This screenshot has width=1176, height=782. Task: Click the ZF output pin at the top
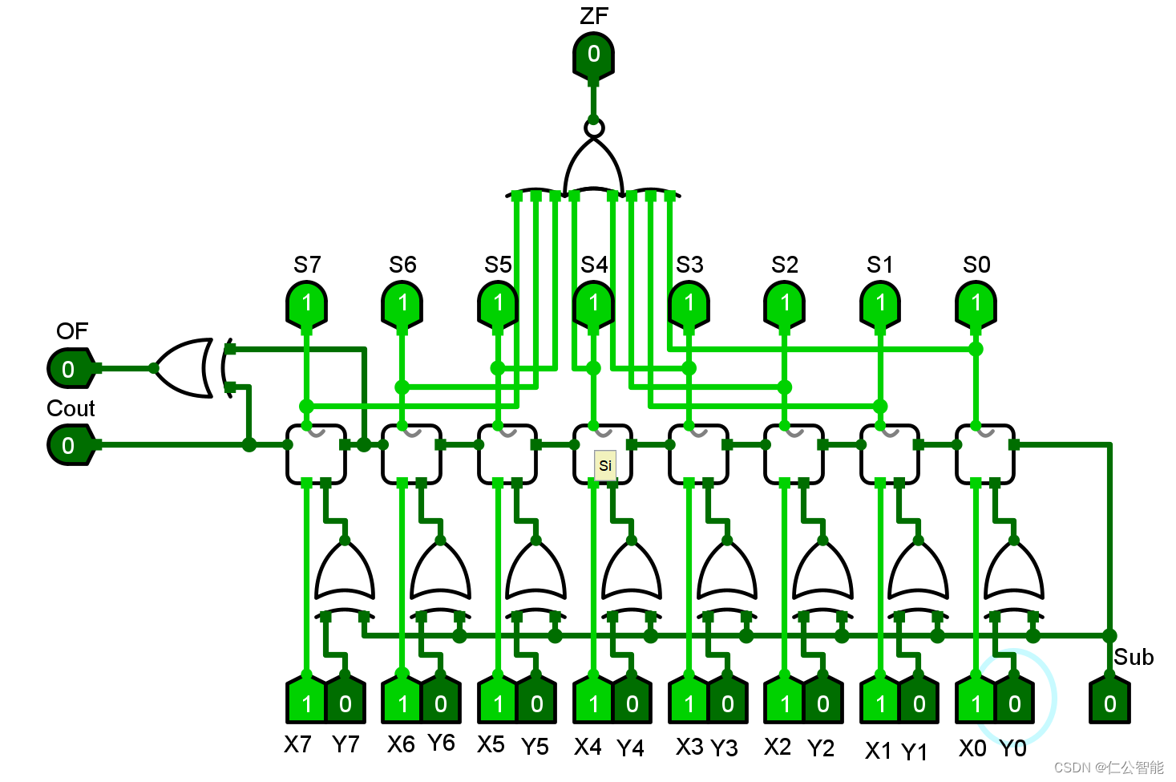click(593, 55)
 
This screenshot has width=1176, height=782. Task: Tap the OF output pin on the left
click(70, 369)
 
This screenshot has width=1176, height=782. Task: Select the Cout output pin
click(70, 445)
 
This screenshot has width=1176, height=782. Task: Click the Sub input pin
click(1109, 703)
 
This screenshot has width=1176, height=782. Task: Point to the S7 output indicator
click(306, 303)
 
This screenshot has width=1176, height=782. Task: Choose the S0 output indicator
click(976, 303)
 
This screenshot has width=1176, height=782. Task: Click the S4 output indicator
click(593, 303)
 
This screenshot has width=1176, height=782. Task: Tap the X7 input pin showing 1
click(306, 703)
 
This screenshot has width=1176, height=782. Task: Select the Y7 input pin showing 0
click(346, 703)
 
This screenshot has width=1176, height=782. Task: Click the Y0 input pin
click(1014, 703)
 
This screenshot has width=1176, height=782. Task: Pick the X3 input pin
click(689, 703)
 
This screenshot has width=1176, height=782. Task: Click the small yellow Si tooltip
click(605, 465)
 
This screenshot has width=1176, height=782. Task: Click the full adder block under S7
click(316, 454)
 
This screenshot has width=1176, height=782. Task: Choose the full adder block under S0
click(985, 454)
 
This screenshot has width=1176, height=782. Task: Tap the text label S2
click(785, 265)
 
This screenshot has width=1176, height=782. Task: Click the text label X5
click(491, 745)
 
